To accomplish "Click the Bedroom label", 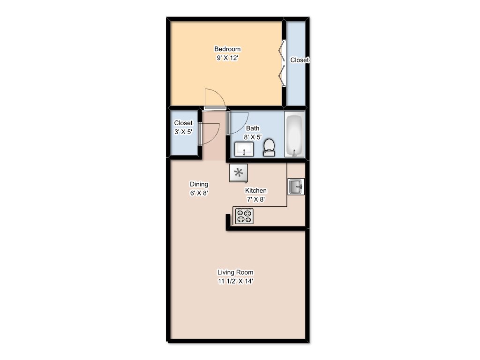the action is pyautogui.click(x=227, y=49).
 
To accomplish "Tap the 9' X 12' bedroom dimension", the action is pyautogui.click(x=227, y=58).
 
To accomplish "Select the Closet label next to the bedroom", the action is pyautogui.click(x=300, y=60).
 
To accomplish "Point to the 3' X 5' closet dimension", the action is pyautogui.click(x=183, y=132).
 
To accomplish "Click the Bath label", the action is pyautogui.click(x=253, y=128).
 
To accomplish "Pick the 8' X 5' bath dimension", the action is pyautogui.click(x=253, y=137).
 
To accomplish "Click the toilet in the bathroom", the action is pyautogui.click(x=269, y=148).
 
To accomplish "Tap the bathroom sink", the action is pyautogui.click(x=244, y=149).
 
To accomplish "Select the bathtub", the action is pyautogui.click(x=294, y=134).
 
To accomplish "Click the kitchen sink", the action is pyautogui.click(x=296, y=187).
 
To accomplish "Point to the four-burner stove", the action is pyautogui.click(x=244, y=216).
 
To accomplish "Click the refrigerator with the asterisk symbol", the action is pyautogui.click(x=239, y=173).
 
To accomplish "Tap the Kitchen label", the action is pyautogui.click(x=255, y=190).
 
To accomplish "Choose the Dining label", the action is pyautogui.click(x=199, y=184).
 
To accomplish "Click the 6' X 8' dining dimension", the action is pyautogui.click(x=199, y=193).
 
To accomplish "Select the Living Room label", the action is pyautogui.click(x=235, y=272).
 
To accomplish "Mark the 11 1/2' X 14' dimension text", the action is pyautogui.click(x=235, y=281).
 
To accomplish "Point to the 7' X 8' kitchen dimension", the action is pyautogui.click(x=255, y=199).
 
